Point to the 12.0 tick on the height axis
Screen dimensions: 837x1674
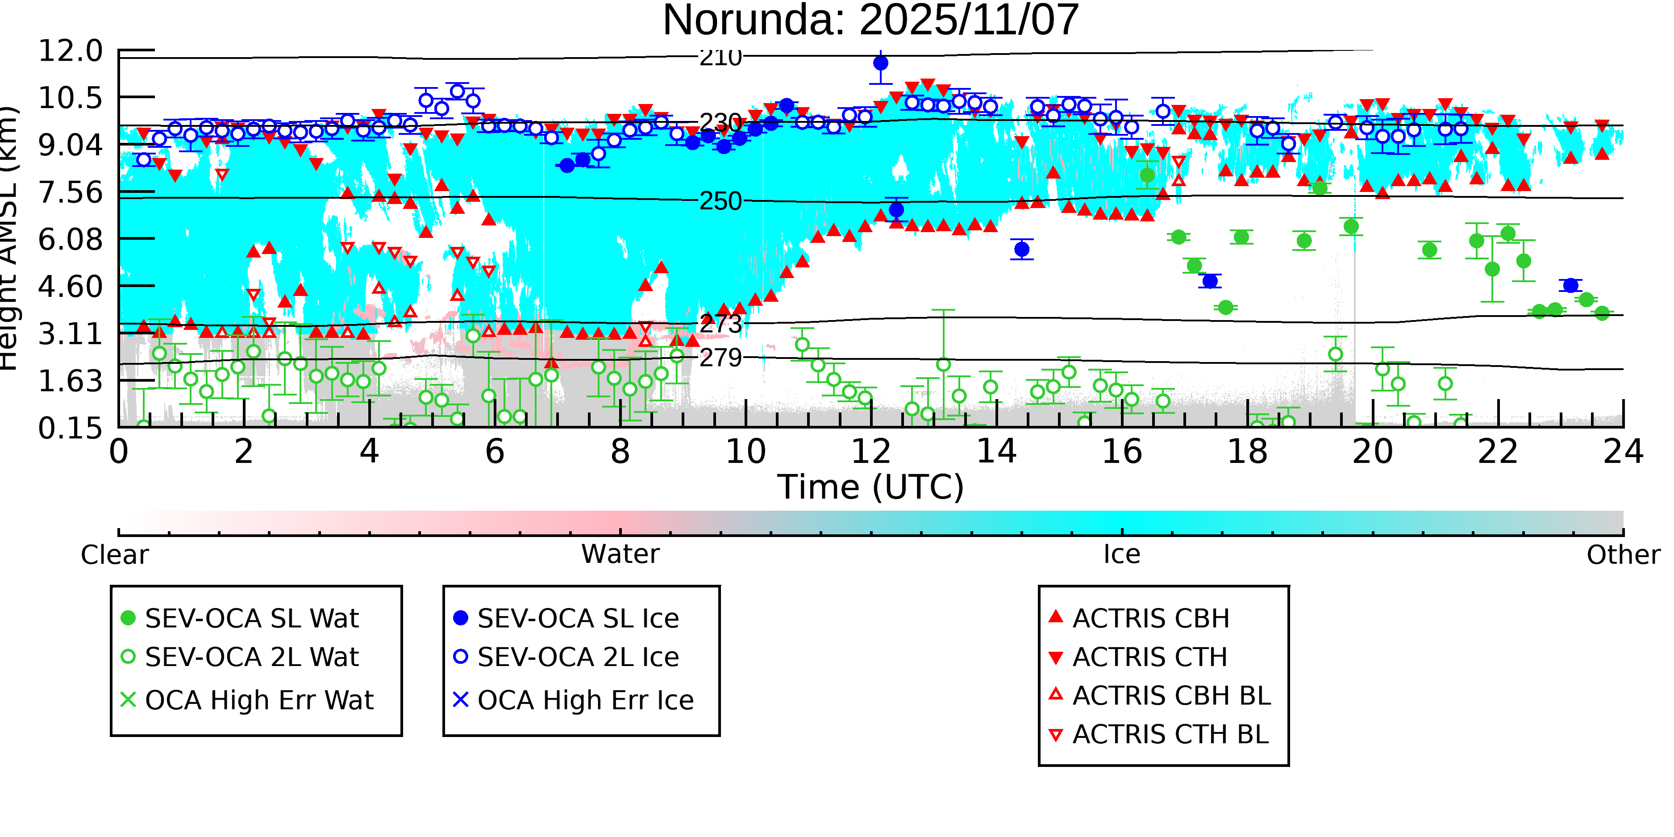70,51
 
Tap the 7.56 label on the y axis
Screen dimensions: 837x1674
70,192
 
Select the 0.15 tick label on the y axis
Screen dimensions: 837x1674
70,428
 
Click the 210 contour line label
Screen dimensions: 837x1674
720,58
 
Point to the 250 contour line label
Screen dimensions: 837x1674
720,201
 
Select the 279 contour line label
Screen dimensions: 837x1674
720,358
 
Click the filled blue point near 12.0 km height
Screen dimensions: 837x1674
881,63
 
